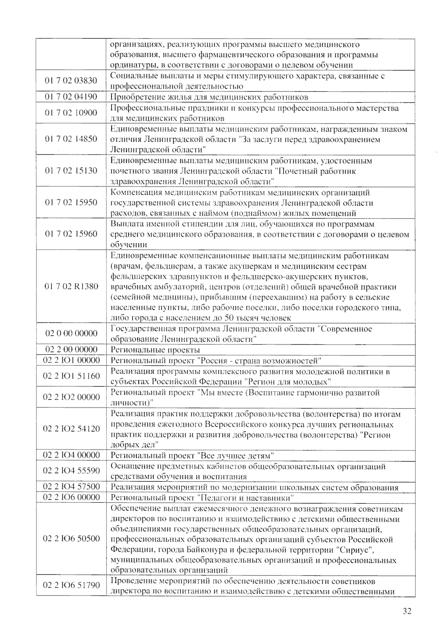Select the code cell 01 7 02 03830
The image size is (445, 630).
pyautogui.click(x=71, y=81)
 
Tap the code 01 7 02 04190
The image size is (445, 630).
pyautogui.click(x=71, y=97)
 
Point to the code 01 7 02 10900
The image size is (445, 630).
pyautogui.click(x=71, y=113)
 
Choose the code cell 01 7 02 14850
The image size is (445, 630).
pyautogui.click(x=71, y=139)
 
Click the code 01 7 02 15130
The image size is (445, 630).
pyautogui.click(x=71, y=171)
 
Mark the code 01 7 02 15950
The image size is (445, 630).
pyautogui.click(x=71, y=202)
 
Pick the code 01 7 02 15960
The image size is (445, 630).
pyautogui.click(x=71, y=234)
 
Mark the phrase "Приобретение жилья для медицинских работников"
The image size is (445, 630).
pyautogui.click(x=210, y=97)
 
